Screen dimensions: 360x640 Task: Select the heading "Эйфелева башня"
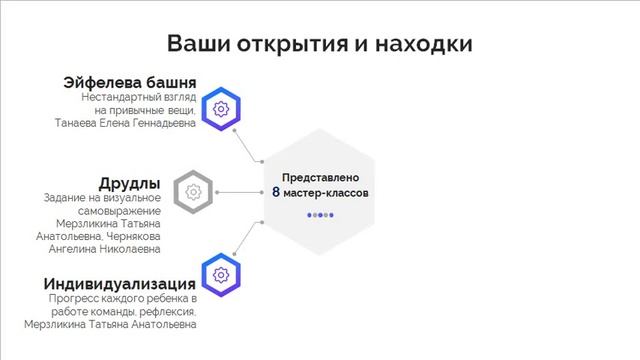click(x=130, y=82)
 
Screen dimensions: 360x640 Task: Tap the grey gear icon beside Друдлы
click(x=194, y=190)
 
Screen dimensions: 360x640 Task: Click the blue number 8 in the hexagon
click(x=275, y=191)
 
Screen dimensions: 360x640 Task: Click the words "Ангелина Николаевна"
click(x=111, y=248)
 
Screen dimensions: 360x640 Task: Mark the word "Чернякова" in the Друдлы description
click(x=131, y=236)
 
